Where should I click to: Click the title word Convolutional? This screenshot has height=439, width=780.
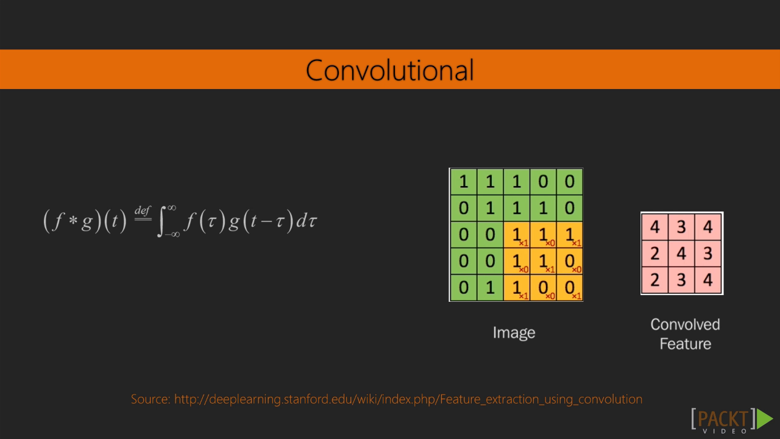pyautogui.click(x=389, y=70)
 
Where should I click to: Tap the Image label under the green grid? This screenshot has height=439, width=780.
pyautogui.click(x=514, y=333)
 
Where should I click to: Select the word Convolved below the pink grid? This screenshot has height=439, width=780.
pyautogui.click(x=685, y=324)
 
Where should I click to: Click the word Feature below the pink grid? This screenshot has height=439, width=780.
pyautogui.click(x=686, y=344)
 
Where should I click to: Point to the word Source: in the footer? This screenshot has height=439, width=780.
pyautogui.click(x=151, y=399)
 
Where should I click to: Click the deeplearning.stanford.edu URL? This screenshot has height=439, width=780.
pyautogui.click(x=408, y=399)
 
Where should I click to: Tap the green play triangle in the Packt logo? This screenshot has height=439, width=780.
pyautogui.click(x=765, y=419)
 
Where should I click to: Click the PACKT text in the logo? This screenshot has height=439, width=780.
pyautogui.click(x=723, y=419)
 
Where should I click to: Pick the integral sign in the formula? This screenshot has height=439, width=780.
pyautogui.click(x=160, y=221)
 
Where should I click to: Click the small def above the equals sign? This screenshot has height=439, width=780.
pyautogui.click(x=143, y=210)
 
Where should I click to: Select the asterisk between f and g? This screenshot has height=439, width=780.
pyautogui.click(x=73, y=221)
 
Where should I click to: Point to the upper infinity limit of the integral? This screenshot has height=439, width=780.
pyautogui.click(x=172, y=208)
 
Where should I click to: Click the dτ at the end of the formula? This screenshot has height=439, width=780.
pyautogui.click(x=307, y=221)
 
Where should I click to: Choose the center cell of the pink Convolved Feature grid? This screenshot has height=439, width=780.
pyautogui.click(x=681, y=253)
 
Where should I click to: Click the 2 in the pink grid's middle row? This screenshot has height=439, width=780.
pyautogui.click(x=655, y=253)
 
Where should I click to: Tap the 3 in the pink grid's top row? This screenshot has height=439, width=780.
pyautogui.click(x=681, y=227)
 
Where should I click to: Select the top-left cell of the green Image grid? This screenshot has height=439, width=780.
pyautogui.click(x=464, y=182)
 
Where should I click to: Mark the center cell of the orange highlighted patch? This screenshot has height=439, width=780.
pyautogui.click(x=543, y=261)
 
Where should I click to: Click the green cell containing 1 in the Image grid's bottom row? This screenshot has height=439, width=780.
pyautogui.click(x=490, y=287)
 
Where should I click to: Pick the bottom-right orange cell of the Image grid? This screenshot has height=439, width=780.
pyautogui.click(x=569, y=287)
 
